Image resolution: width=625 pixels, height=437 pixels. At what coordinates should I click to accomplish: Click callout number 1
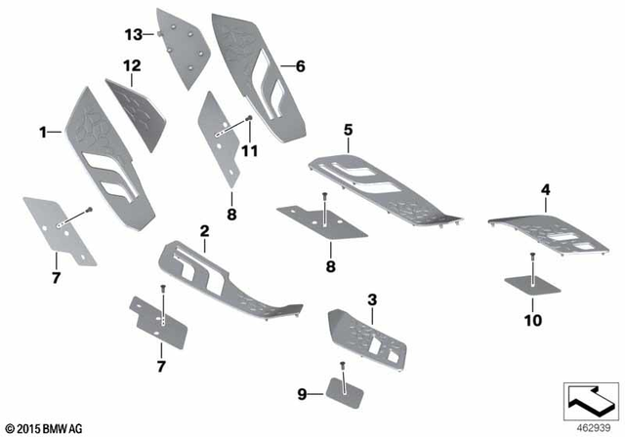(x=42, y=130)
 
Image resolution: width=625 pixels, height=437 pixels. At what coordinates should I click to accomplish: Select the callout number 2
(x=204, y=231)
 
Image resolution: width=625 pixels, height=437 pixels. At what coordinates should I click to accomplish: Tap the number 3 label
(x=372, y=298)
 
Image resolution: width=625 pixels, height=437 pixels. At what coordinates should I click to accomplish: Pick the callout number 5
(x=347, y=128)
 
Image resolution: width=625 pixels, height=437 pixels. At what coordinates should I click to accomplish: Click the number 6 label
(x=301, y=66)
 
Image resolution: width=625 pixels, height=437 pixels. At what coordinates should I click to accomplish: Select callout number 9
(x=302, y=394)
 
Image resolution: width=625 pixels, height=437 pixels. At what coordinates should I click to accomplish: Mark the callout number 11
(x=249, y=150)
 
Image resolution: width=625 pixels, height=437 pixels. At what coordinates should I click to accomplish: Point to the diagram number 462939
(x=591, y=426)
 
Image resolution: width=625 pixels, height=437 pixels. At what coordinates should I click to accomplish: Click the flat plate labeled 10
(x=531, y=285)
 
